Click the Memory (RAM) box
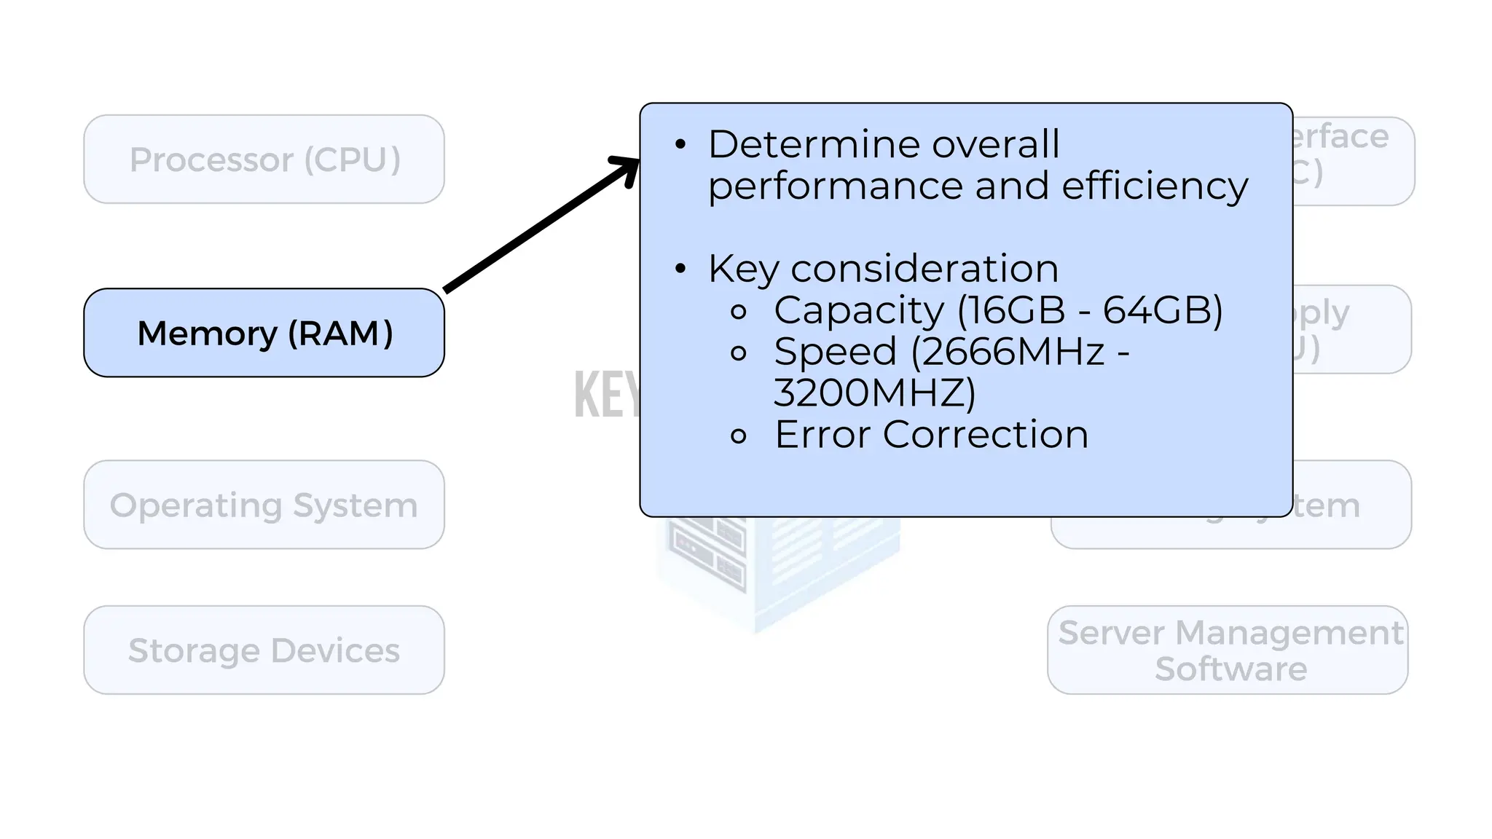264,333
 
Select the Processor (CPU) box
264,159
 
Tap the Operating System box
264,505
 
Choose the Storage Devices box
264,650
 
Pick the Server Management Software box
1229,650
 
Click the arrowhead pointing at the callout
626,170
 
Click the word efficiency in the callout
1155,186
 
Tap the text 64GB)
1163,310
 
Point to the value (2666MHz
1008,352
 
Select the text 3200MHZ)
874,393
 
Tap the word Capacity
859,311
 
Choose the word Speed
835,352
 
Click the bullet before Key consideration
680,269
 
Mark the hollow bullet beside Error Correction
739,436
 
